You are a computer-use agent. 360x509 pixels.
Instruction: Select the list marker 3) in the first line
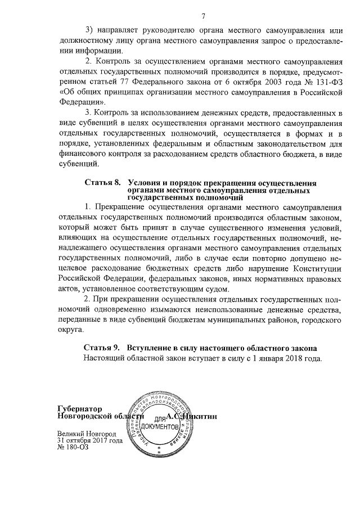90,29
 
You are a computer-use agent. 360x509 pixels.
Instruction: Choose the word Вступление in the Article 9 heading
152,348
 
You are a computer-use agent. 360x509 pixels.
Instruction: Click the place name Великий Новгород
86,435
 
